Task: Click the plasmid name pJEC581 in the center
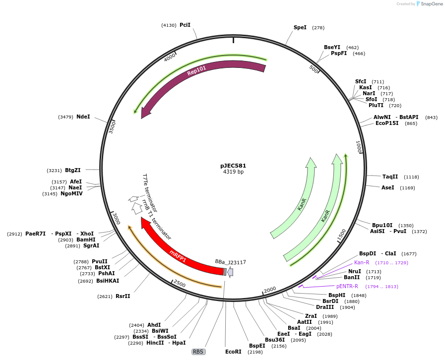(233, 166)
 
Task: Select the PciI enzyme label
(185, 25)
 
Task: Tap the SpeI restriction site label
(300, 28)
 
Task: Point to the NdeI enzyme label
(83, 117)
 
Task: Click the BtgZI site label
(73, 170)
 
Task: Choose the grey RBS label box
(198, 352)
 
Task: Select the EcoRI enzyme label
(233, 352)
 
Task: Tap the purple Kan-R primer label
(362, 262)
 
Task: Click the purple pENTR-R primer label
(347, 286)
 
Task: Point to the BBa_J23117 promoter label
(230, 261)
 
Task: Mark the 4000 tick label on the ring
(170, 57)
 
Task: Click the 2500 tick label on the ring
(179, 284)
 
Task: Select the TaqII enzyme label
(390, 177)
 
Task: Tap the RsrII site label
(123, 296)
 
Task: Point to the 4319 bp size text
(233, 172)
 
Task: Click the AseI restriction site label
(388, 187)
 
